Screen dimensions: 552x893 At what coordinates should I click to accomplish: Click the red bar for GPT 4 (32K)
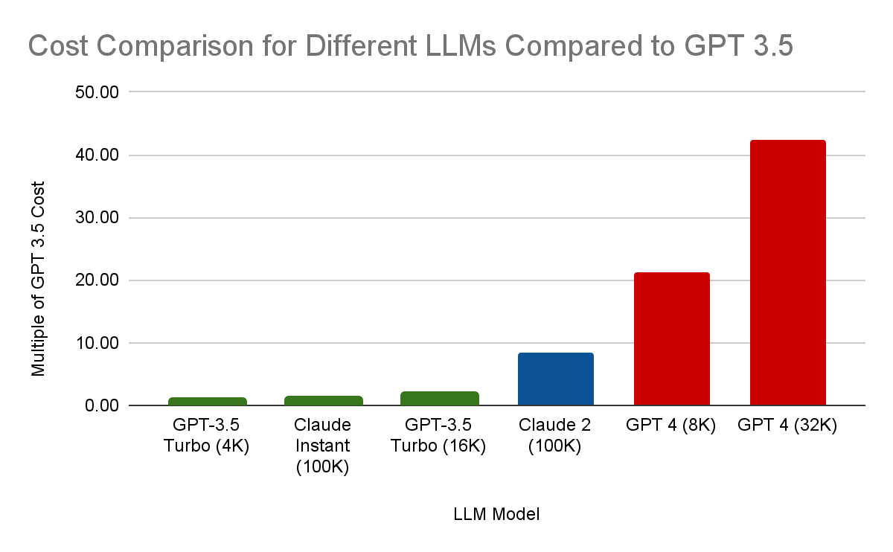pyautogui.click(x=787, y=272)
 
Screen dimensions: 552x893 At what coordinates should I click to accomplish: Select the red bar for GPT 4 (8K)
pyautogui.click(x=671, y=339)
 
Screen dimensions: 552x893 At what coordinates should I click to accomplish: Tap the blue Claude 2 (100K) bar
pyautogui.click(x=555, y=379)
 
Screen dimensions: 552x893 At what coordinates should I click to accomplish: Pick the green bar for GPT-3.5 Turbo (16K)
pyautogui.click(x=439, y=399)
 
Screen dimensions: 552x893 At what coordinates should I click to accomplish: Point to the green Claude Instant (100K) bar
pyautogui.click(x=323, y=401)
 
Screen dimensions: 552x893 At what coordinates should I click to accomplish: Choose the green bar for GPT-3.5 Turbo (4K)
pyautogui.click(x=207, y=402)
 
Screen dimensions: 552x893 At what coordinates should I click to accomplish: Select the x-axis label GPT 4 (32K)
pyautogui.click(x=787, y=426)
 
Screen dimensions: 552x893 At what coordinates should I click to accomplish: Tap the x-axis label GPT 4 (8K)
pyautogui.click(x=671, y=426)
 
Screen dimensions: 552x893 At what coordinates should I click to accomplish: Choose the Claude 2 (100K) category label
pyautogui.click(x=555, y=436)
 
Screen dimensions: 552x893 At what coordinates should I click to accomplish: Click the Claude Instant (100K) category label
pyautogui.click(x=323, y=446)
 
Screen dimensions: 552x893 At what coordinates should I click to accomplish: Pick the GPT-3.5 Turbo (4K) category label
pyautogui.click(x=207, y=436)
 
